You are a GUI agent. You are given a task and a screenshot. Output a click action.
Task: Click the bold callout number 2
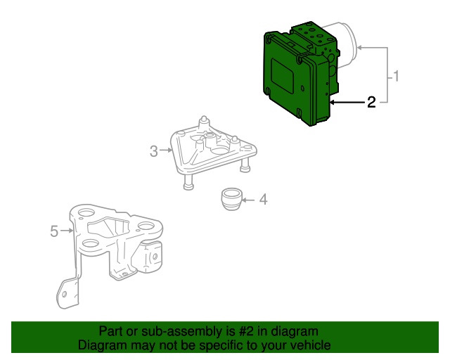point(371,103)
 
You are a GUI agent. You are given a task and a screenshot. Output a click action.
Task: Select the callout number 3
point(154,150)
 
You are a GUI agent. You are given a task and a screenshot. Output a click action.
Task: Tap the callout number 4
point(263,200)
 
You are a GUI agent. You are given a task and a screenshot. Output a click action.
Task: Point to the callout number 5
point(55,230)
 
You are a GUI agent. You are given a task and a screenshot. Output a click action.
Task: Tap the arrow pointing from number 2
point(345,103)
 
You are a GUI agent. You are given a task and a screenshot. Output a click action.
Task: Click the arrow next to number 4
point(247,200)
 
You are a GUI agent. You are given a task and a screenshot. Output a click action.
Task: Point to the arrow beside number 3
point(167,150)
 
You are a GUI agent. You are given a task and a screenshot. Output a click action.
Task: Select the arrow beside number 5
point(67,230)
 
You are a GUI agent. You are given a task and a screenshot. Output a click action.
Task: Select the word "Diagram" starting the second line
point(102,345)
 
